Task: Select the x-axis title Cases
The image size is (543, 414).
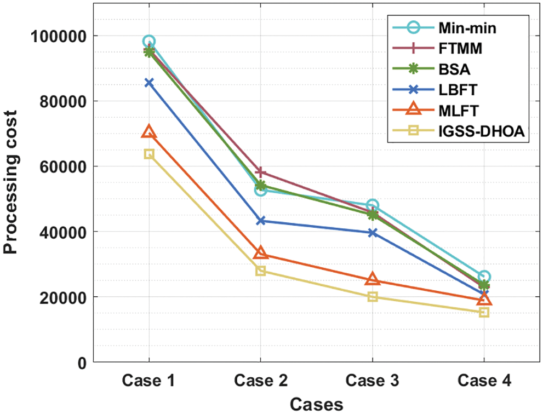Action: pos(316,404)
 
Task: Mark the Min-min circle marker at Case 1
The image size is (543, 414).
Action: pos(148,42)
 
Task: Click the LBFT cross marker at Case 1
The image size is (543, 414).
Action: pos(148,83)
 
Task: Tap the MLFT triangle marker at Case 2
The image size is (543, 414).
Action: pos(261,253)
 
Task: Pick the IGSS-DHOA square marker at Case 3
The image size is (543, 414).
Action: pos(373,297)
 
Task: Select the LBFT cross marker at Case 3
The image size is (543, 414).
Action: pos(373,233)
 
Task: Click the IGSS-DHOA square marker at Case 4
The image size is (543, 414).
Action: pos(484,312)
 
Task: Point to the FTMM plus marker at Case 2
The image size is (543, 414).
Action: pos(261,173)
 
